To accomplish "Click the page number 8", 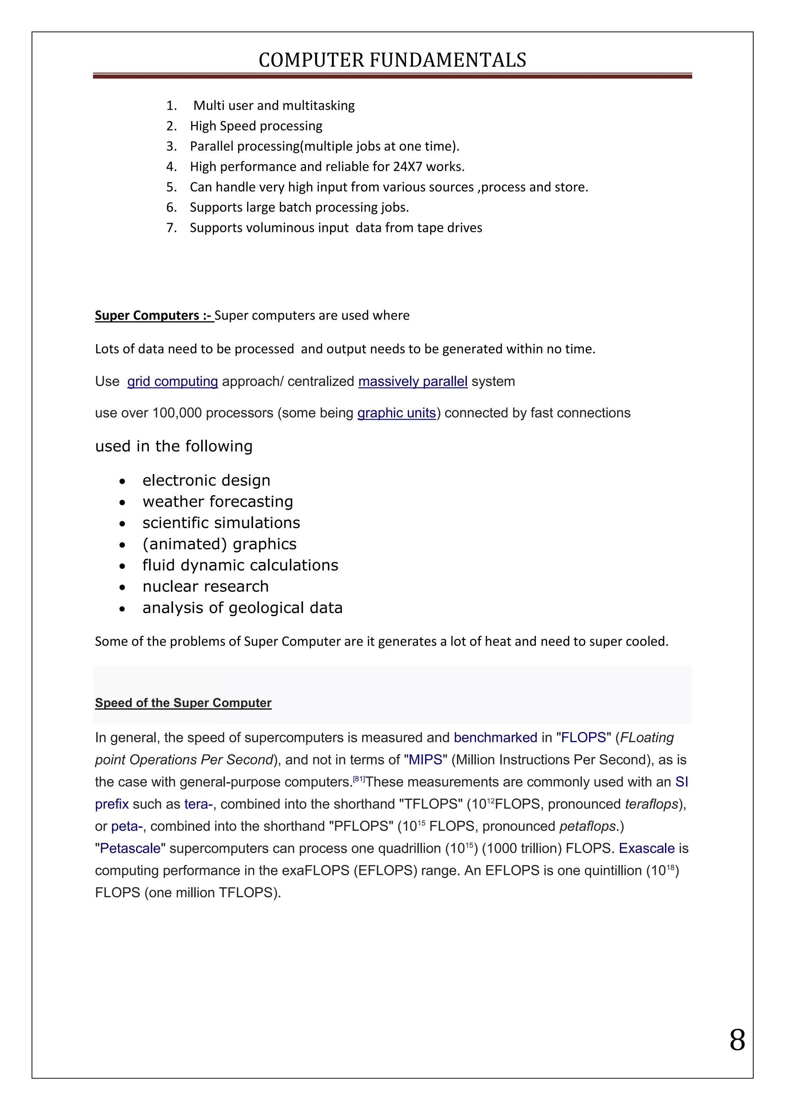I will [737, 1040].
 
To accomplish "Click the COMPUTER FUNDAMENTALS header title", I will [392, 60].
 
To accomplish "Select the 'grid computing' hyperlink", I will [172, 381].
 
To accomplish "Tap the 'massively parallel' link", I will [413, 381].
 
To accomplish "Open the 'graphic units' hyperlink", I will [396, 413].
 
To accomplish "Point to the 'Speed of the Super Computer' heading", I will [183, 703].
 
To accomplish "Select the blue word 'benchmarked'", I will [496, 737].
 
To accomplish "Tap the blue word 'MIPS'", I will [425, 760].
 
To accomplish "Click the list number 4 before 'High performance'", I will [171, 167].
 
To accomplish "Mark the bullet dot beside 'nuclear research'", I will [122, 588].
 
